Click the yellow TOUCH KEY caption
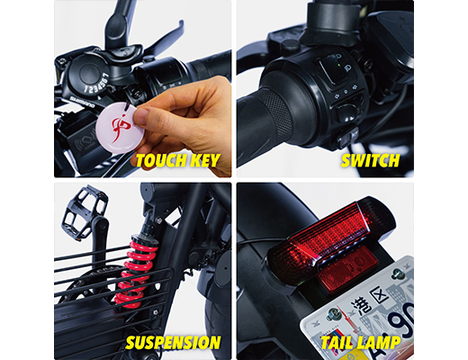177,162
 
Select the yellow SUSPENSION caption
173,343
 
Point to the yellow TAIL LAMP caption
362,343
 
